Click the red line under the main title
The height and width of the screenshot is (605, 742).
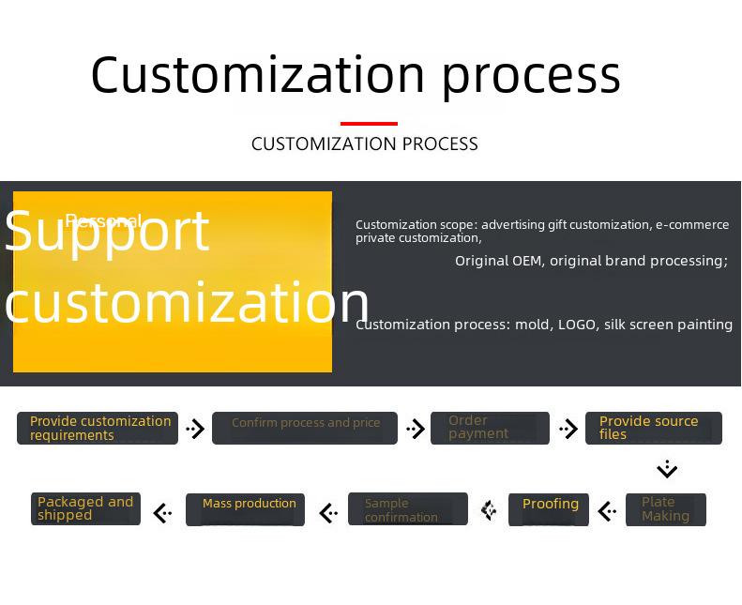[x=369, y=124]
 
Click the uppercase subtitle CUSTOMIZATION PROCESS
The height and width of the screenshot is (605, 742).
[x=365, y=144]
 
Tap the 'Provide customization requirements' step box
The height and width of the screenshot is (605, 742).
[x=98, y=428]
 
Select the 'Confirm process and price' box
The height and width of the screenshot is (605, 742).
[x=305, y=428]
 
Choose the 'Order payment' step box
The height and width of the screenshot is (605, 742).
[x=490, y=428]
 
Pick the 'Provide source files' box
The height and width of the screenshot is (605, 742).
[x=654, y=428]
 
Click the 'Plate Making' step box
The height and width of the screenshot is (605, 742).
[x=666, y=509]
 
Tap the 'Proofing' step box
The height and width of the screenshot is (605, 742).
[x=549, y=509]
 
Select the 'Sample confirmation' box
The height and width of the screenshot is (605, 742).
[x=408, y=509]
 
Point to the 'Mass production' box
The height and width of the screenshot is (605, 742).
[x=246, y=509]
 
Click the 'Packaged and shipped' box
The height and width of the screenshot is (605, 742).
[x=85, y=508]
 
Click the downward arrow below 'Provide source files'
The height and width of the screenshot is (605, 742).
[x=667, y=469]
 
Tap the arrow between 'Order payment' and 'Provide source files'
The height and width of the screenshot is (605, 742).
[x=568, y=429]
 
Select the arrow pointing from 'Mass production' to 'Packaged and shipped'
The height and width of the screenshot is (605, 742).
[x=162, y=513]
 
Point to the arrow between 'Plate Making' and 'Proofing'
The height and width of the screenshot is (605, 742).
[x=608, y=511]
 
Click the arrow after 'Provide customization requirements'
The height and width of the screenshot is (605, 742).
[x=195, y=429]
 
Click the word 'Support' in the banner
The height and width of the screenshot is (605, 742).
[x=107, y=233]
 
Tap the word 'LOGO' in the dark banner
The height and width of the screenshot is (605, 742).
[x=577, y=325]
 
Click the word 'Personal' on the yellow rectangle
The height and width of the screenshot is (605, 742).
[x=103, y=221]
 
